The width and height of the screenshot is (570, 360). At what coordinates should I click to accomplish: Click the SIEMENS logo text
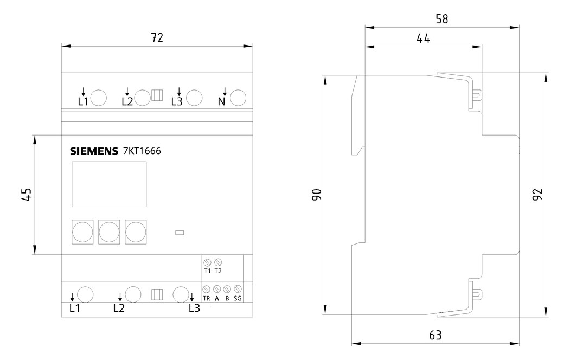click(x=94, y=151)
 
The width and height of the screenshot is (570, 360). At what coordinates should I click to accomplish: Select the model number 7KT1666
click(x=142, y=151)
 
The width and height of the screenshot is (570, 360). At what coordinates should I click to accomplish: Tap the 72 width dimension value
click(x=157, y=37)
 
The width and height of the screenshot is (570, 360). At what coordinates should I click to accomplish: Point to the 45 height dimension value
click(x=27, y=194)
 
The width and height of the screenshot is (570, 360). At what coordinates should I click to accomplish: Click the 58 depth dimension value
click(x=442, y=19)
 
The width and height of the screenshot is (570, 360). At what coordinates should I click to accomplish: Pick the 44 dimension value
click(x=423, y=38)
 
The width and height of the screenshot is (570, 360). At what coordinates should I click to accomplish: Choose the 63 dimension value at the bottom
click(x=435, y=335)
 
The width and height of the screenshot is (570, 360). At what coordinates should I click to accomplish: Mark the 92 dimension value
click(x=537, y=194)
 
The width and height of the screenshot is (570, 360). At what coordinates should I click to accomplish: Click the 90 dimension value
click(x=317, y=195)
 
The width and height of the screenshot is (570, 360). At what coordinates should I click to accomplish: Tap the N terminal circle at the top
click(x=238, y=98)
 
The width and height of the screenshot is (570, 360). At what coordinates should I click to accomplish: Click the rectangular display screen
click(x=109, y=184)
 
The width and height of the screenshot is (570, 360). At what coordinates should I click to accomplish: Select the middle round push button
click(x=109, y=232)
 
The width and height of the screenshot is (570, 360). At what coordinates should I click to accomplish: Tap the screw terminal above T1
click(x=208, y=262)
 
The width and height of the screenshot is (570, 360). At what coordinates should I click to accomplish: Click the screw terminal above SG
click(x=238, y=289)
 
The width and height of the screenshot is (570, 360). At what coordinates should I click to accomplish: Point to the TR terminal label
click(x=207, y=299)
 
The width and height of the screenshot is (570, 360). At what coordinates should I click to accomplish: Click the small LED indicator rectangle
click(x=180, y=233)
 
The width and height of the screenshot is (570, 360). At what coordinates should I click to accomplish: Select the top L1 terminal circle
click(x=99, y=98)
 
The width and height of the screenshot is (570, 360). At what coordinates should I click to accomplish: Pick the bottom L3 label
click(x=195, y=308)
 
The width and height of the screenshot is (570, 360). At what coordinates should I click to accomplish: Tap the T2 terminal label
click(x=217, y=271)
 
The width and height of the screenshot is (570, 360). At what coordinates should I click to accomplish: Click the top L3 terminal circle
click(x=194, y=98)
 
